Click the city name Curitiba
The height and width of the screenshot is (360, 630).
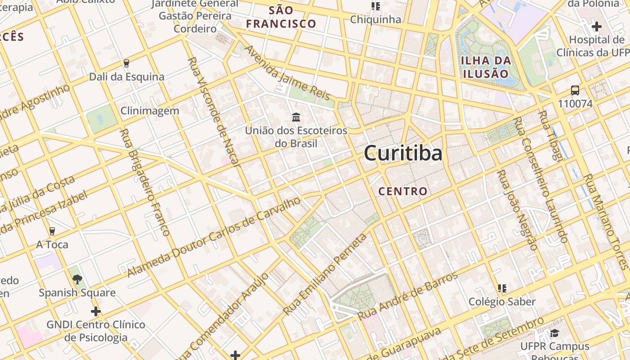pos(403,153)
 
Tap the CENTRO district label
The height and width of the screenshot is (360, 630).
pos(403,191)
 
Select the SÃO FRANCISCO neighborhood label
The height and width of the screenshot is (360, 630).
pos(281,17)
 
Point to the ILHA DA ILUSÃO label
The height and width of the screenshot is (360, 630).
pos(486,67)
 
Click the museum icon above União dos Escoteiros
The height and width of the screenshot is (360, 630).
pos(296,117)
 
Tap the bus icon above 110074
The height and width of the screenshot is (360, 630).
pos(575,90)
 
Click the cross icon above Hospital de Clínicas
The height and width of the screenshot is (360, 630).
pos(597,27)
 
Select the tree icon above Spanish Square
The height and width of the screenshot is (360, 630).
pos(77,279)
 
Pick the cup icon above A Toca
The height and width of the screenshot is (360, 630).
pos(52,231)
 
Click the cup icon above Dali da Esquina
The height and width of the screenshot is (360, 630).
pos(126,63)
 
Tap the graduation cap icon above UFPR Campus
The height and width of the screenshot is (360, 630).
pos(554,333)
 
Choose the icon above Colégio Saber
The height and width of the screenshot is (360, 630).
pos(502,288)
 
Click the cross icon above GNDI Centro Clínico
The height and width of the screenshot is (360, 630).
pos(95,311)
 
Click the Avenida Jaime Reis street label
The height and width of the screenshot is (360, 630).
pos(287,73)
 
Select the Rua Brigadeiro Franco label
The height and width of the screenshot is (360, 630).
pos(145,182)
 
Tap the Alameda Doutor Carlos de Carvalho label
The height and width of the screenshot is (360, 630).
pos(214,237)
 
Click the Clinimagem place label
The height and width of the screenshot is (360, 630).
pos(150,111)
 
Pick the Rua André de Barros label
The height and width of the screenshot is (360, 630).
pos(408,296)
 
